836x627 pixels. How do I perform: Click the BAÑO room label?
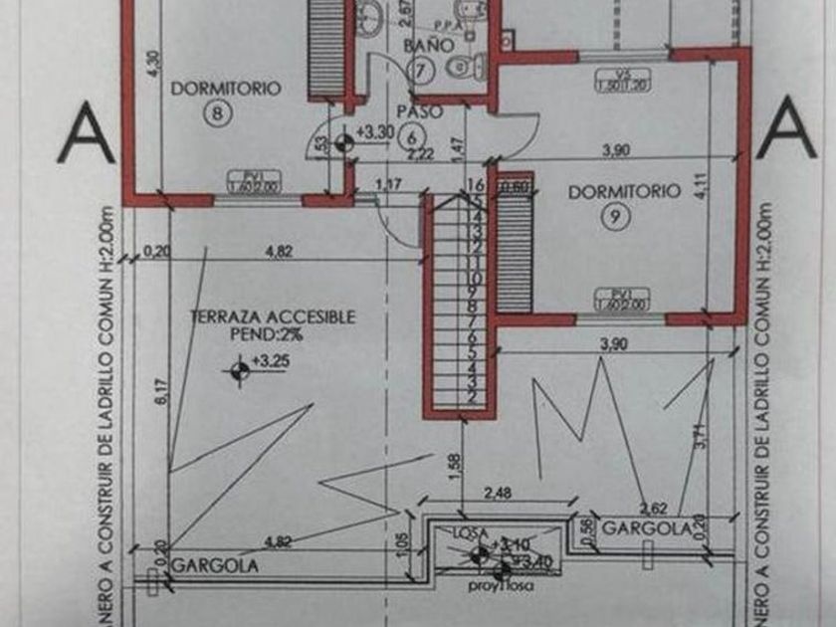[428, 46]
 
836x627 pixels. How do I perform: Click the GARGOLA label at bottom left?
[214, 564]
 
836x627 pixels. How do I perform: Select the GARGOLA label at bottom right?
[646, 528]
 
